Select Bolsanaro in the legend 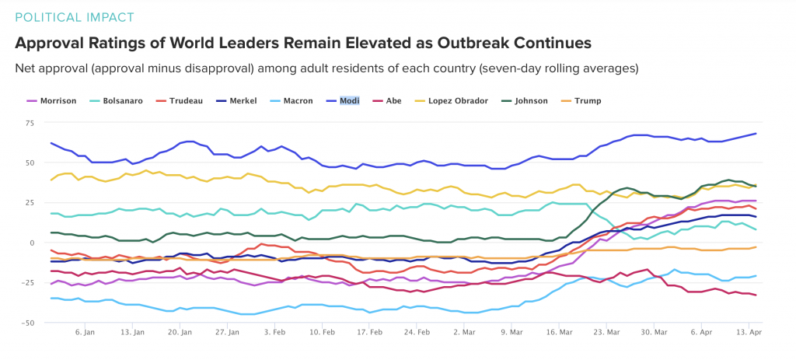(122, 101)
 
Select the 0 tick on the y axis (30, 243)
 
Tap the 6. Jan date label (85, 331)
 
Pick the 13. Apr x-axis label (748, 331)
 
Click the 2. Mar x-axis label (465, 331)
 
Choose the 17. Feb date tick (370, 331)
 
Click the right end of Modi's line (756, 134)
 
